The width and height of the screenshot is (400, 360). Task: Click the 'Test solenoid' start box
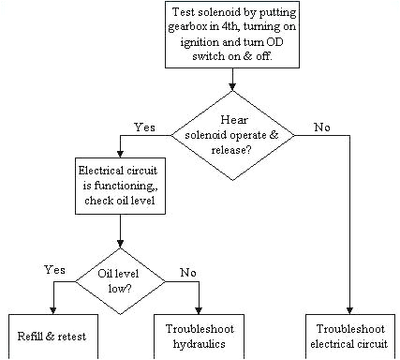[232, 35]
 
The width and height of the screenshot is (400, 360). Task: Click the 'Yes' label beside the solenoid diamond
[144, 126]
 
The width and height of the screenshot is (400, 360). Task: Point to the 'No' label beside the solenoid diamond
[323, 126]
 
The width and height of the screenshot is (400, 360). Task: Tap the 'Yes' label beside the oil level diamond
[54, 269]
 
